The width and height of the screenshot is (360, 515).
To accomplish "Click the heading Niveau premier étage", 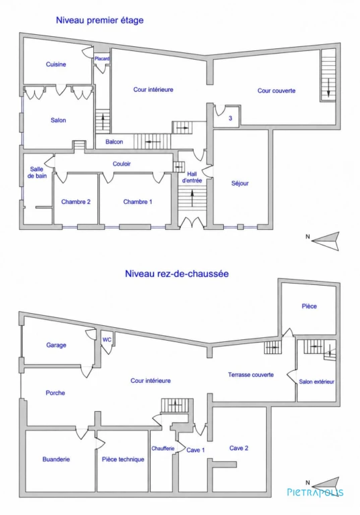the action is pyautogui.click(x=99, y=20).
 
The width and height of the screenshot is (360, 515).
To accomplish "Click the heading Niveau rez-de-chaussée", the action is pyautogui.click(x=177, y=274).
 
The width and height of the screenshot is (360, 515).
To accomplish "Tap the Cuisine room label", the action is pyautogui.click(x=56, y=64).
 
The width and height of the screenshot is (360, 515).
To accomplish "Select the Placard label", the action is pyautogui.click(x=102, y=59).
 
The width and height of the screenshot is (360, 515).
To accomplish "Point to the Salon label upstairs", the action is pyautogui.click(x=58, y=120).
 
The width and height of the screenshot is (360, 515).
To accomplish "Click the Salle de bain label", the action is pyautogui.click(x=37, y=172).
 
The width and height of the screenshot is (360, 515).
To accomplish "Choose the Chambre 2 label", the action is pyautogui.click(x=76, y=202).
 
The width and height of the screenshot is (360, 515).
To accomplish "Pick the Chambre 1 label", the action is pyautogui.click(x=137, y=202).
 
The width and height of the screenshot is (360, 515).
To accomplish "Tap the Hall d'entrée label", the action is pyautogui.click(x=192, y=177).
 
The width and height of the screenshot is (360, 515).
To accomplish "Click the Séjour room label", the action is pyautogui.click(x=240, y=184).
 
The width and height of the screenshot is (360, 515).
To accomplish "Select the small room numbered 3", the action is pyautogui.click(x=230, y=118).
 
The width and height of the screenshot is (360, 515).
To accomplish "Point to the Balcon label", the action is pyautogui.click(x=115, y=142).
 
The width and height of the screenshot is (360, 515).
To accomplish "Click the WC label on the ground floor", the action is pyautogui.click(x=107, y=339).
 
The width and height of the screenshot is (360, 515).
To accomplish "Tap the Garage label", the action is pyautogui.click(x=56, y=345).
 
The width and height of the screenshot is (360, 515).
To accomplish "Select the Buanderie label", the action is pyautogui.click(x=56, y=459).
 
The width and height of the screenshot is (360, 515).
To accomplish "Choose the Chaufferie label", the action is pyautogui.click(x=163, y=449).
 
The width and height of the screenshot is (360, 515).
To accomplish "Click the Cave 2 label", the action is pyautogui.click(x=239, y=448).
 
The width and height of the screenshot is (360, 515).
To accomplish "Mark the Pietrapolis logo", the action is pyautogui.click(x=315, y=493).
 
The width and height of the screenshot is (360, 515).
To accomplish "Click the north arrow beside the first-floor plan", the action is pyautogui.click(x=324, y=241).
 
